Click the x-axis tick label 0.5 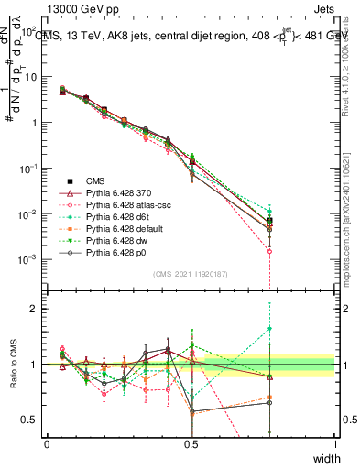pyautogui.click(x=191, y=443)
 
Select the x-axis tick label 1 pyautogui.click(x=334, y=443)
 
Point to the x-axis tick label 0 pyautogui.click(x=47, y=443)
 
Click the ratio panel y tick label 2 pyautogui.click(x=38, y=309)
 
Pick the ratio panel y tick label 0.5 pyautogui.click(x=33, y=420)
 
